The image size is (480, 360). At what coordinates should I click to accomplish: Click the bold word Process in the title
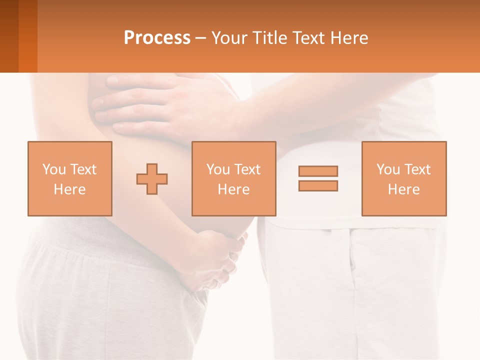pyautogui.click(x=157, y=38)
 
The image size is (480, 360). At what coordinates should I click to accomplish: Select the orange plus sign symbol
pyautogui.click(x=152, y=178)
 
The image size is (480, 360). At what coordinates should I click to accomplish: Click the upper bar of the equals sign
pyautogui.click(x=318, y=171)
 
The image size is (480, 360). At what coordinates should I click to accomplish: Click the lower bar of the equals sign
pyautogui.click(x=318, y=185)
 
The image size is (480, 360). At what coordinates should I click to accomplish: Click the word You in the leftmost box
pyautogui.click(x=54, y=169)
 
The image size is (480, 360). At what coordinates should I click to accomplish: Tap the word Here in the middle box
pyautogui.click(x=234, y=189)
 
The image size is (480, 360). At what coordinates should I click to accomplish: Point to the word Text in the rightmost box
pyautogui.click(x=417, y=169)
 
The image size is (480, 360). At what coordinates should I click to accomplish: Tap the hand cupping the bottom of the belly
pyautogui.click(x=220, y=260)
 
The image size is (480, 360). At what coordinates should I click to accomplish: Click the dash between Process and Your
pyautogui.click(x=201, y=38)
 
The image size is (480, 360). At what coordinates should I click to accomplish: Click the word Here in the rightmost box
pyautogui.click(x=404, y=189)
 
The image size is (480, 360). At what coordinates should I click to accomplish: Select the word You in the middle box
pyautogui.click(x=218, y=169)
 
